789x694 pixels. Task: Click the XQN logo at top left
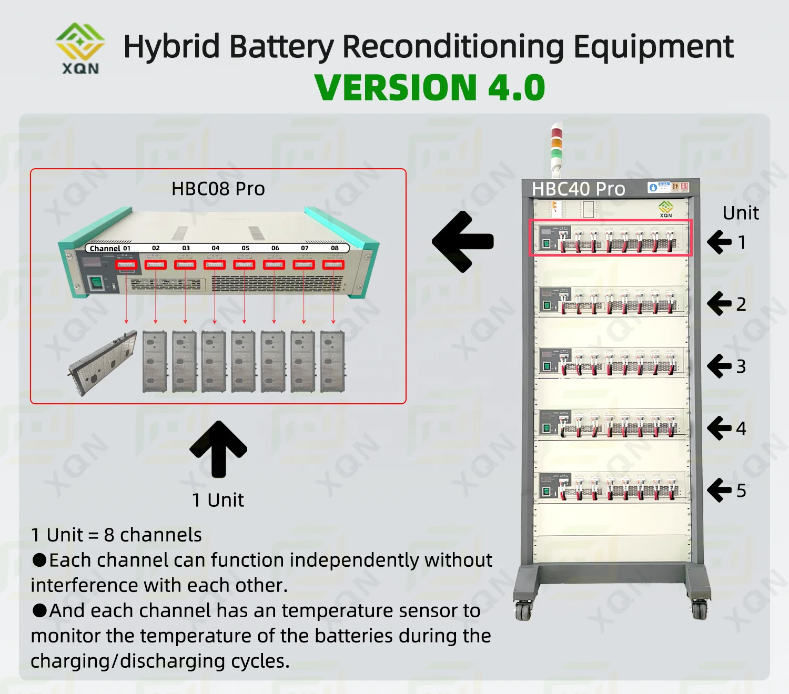coord(80,48)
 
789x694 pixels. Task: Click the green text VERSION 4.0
coord(430,87)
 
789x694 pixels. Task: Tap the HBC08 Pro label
coord(218,189)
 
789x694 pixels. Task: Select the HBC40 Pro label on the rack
coord(578,189)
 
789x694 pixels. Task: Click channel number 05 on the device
coord(245,248)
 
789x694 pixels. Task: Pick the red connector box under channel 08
coord(333,265)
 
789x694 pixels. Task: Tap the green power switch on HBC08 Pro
coord(96,282)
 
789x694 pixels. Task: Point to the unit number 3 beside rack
coord(741,366)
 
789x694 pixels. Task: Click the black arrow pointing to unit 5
coord(719,490)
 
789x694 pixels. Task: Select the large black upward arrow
coord(218,448)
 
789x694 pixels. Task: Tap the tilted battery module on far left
coord(103,363)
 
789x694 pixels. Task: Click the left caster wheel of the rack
coord(523,610)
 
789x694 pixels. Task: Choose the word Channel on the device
coord(105,249)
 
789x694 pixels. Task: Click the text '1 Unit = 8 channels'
coord(116,535)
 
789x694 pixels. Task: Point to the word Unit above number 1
coord(741,213)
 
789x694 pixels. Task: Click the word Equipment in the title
coord(653,46)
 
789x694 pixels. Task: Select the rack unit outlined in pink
coord(610,238)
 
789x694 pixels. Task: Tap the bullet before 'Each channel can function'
coord(39,560)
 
